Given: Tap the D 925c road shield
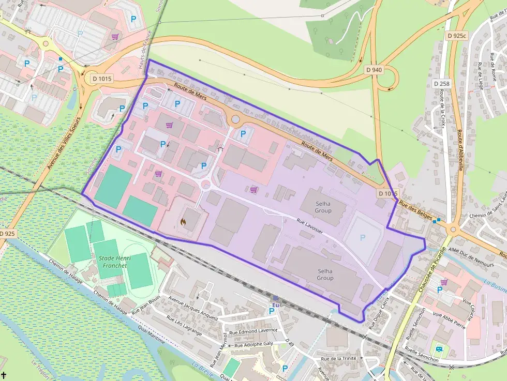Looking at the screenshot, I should tap(457, 35).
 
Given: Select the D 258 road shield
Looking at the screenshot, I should tap(442, 83).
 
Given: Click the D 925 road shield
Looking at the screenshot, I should tap(8, 234).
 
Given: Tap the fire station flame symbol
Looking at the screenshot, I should tap(183, 222).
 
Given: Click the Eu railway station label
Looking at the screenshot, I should tap(276, 305).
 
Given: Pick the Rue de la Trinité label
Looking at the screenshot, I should tap(342, 358).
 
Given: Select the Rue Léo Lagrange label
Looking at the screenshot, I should tap(184, 325).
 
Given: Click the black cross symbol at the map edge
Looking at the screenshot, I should tap(4, 374).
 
